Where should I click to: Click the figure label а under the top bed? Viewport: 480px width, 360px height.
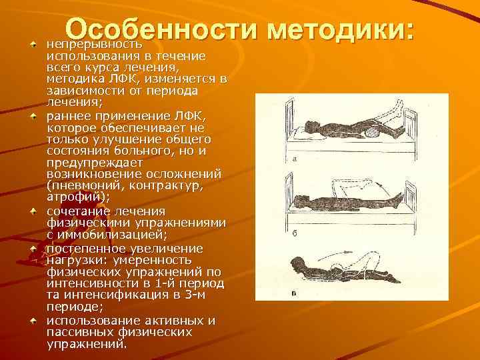(294, 158)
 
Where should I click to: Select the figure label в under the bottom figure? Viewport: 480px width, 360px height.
(294, 293)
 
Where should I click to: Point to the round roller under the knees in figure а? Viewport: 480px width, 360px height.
(369, 132)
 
